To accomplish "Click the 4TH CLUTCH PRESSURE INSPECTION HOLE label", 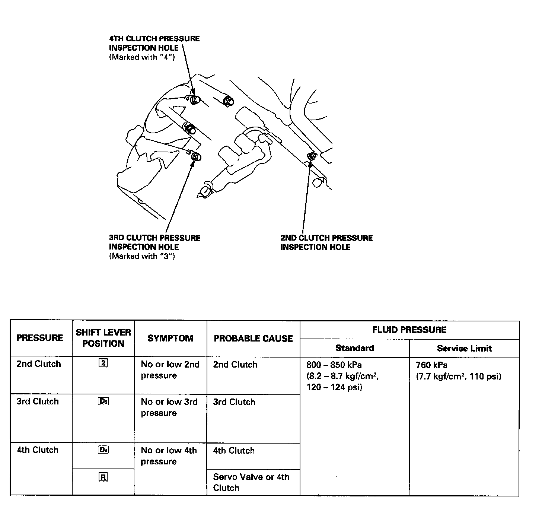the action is pyautogui.click(x=154, y=43).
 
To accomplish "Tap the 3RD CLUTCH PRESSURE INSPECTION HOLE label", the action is pyautogui.click(x=154, y=242).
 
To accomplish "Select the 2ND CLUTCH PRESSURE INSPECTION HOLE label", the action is pyautogui.click(x=326, y=242).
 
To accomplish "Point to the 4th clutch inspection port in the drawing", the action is pyautogui.click(x=195, y=100).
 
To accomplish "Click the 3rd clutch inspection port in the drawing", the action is pyautogui.click(x=196, y=157).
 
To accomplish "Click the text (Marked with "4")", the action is pyautogui.click(x=142, y=57).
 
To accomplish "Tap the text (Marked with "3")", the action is pyautogui.click(x=142, y=256).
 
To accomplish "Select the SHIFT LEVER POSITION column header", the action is pyautogui.click(x=103, y=338).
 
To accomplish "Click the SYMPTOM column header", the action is pyautogui.click(x=170, y=338).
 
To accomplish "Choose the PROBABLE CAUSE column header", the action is pyautogui.click(x=253, y=339).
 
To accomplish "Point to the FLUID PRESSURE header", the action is pyautogui.click(x=409, y=330).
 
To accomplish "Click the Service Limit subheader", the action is pyautogui.click(x=464, y=348).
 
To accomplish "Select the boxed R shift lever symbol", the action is pyautogui.click(x=103, y=477).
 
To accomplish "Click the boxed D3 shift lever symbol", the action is pyautogui.click(x=103, y=401).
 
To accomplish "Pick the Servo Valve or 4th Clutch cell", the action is pyautogui.click(x=251, y=482).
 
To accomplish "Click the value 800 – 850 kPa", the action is pyautogui.click(x=334, y=365).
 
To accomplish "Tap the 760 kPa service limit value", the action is pyautogui.click(x=431, y=365).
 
